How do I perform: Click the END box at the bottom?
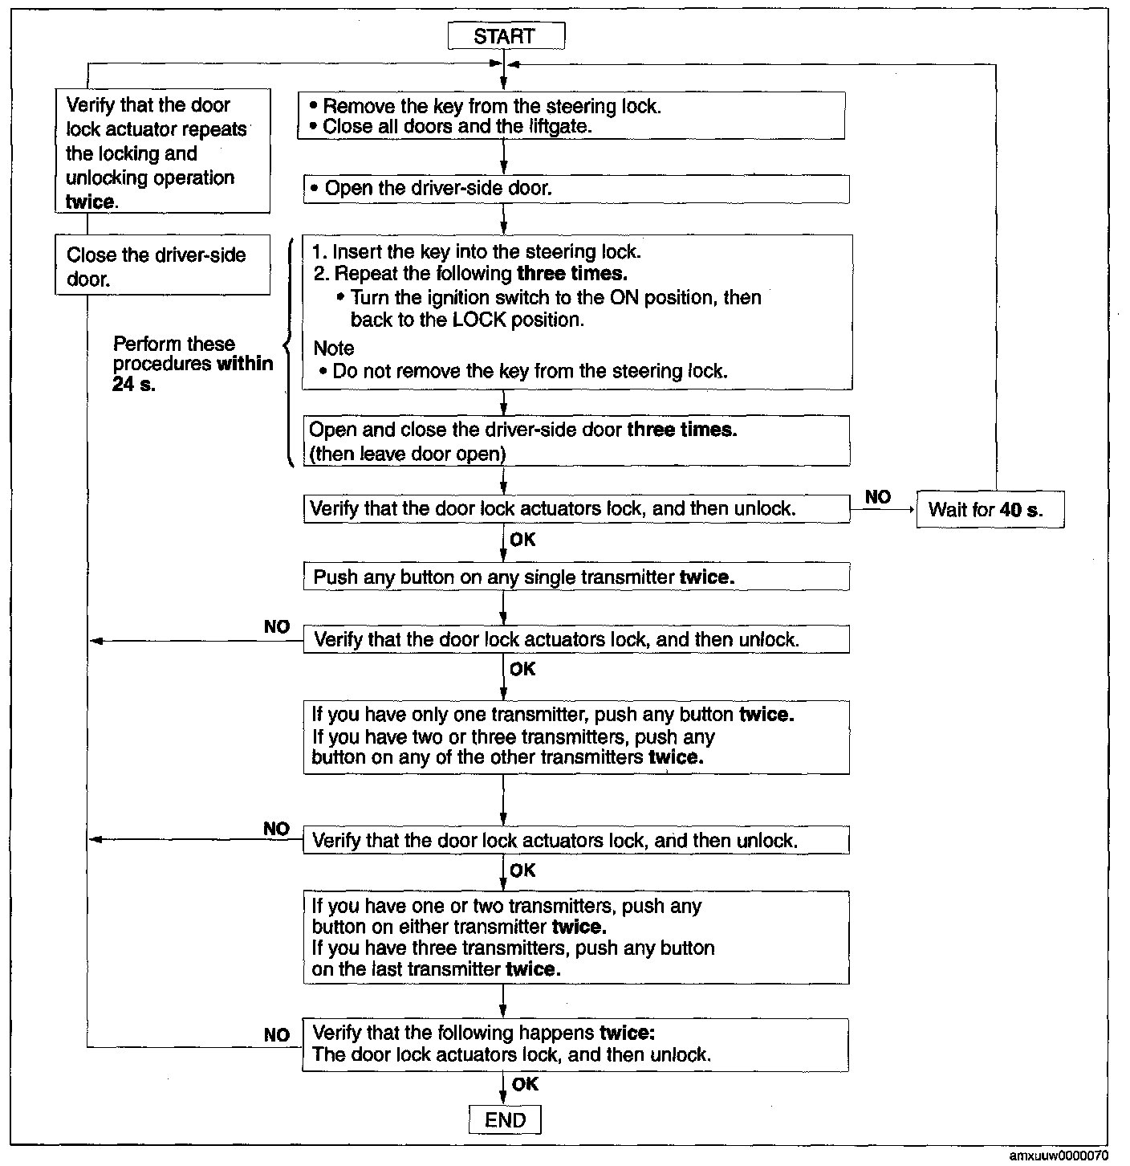pos(505,1120)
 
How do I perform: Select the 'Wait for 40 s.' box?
pos(990,509)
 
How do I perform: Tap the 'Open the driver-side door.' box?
pos(575,189)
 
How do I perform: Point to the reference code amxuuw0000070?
pos(1058,1156)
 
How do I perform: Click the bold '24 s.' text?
pos(134,384)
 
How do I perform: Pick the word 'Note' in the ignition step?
pos(334,348)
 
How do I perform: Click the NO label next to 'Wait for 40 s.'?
pos(878,497)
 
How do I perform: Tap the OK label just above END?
pos(525,1084)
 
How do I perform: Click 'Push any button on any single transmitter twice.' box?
pos(575,577)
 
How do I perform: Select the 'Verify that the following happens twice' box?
pos(575,1044)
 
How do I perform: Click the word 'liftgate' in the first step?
pos(561,126)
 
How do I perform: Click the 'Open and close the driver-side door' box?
pos(575,441)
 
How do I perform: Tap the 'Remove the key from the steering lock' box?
pos(571,116)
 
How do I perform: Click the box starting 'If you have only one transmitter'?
pos(575,736)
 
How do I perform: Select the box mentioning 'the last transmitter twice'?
pos(575,937)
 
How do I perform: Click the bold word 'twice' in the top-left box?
pos(89,202)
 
